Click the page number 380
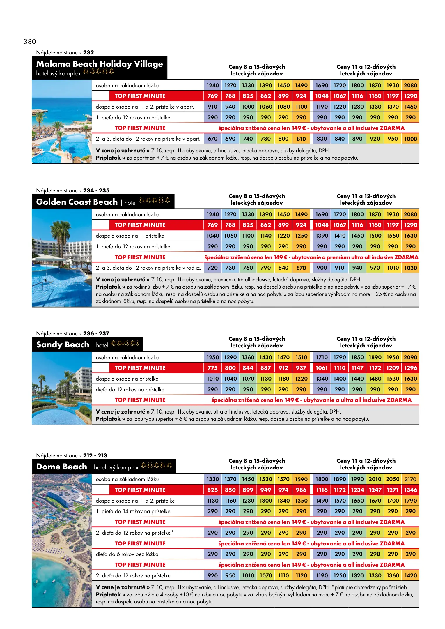pyautogui.click(x=30, y=42)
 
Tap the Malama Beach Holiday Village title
pyautogui.click(x=99, y=64)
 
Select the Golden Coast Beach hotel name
pyautogui.click(x=77, y=202)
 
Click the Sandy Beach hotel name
pyautogui.click(x=63, y=345)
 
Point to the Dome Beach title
pyautogui.click(x=61, y=467)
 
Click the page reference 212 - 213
pyautogui.click(x=95, y=455)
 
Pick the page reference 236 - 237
pyautogui.click(x=96, y=333)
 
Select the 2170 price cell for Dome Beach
pyautogui.click(x=410, y=479)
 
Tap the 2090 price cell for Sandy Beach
pyautogui.click(x=410, y=357)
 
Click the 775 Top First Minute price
pyautogui.click(x=212, y=368)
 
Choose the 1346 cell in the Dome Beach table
pyautogui.click(x=410, y=490)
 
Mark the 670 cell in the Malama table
pyautogui.click(x=212, y=139)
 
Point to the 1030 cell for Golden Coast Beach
pyautogui.click(x=410, y=268)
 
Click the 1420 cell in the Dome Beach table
pyautogui.click(x=410, y=576)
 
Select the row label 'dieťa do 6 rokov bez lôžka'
pyautogui.click(x=127, y=554)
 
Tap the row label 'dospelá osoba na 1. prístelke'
pyautogui.click(x=130, y=236)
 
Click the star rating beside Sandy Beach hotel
pyautogui.click(x=125, y=344)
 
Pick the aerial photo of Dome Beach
pyautogui.click(x=62, y=540)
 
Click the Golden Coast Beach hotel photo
pyautogui.click(x=62, y=258)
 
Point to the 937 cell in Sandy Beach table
pyautogui.click(x=301, y=368)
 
